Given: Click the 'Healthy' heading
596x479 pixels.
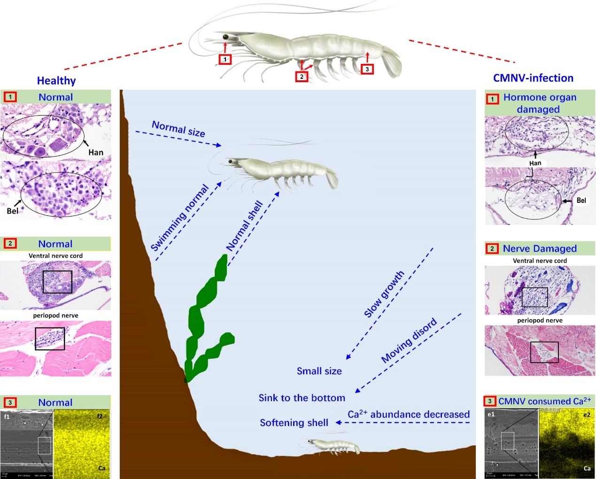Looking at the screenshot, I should click(56, 81).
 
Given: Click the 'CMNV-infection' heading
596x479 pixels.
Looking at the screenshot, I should click(533, 78).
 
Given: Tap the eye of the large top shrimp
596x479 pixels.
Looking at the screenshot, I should click(225, 37).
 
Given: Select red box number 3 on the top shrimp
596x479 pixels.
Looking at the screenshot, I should click(367, 69).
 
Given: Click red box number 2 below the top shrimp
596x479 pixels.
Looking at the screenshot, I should click(302, 76).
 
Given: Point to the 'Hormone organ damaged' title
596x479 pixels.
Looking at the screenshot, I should click(539, 103).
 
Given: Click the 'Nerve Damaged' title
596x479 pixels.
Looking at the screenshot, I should click(540, 248).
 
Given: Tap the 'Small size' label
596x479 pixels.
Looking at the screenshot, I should click(319, 371).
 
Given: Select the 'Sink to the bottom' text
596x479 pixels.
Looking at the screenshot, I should click(302, 398).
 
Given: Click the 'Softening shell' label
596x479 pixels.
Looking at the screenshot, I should click(294, 423).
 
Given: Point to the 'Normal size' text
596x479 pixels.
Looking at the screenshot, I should click(178, 129).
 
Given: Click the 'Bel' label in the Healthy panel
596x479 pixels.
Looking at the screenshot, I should click(12, 211).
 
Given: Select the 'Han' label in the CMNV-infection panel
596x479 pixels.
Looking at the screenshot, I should click(535, 163).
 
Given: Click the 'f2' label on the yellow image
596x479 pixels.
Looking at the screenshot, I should click(100, 416).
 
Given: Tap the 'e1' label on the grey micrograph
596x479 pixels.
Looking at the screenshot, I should click(491, 414).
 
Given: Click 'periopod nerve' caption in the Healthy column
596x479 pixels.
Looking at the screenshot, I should click(55, 316).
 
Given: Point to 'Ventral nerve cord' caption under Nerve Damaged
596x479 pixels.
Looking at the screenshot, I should click(540, 261).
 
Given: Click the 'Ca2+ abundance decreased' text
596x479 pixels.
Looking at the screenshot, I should click(409, 414).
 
